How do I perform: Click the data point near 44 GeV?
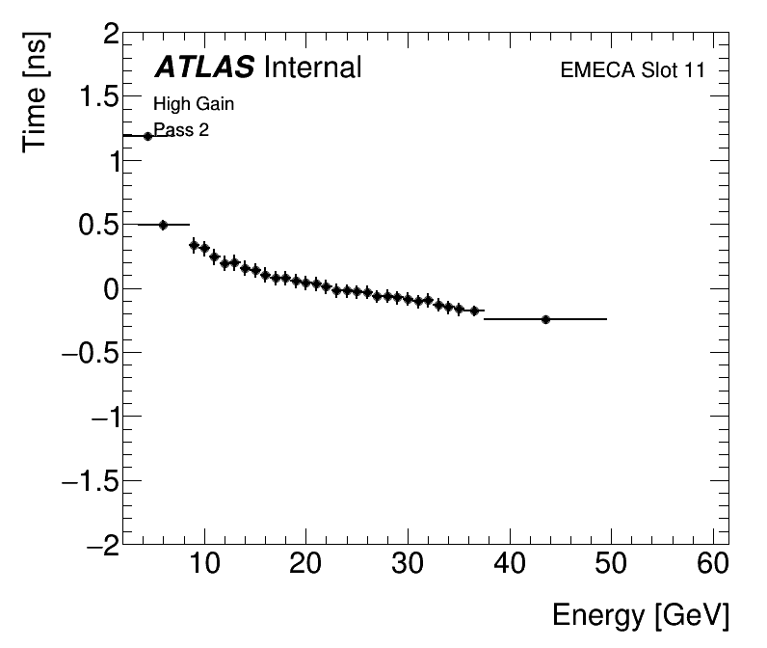[545, 319]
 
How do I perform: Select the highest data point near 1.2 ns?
[147, 136]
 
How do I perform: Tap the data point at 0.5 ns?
[163, 225]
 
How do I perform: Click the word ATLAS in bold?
[204, 67]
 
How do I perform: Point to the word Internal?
[312, 67]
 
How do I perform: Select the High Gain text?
[194, 104]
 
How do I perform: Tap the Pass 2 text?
[181, 130]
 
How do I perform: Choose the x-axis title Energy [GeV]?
[640, 615]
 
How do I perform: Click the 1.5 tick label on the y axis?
[96, 99]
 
